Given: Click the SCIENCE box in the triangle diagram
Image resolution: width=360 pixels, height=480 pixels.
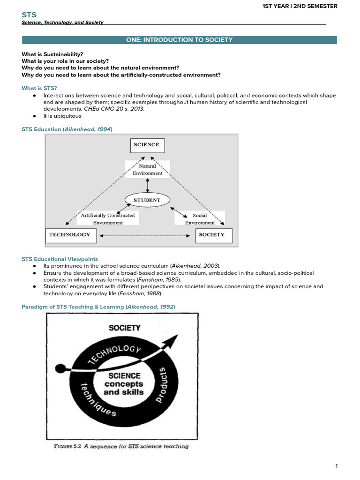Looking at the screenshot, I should [146, 145].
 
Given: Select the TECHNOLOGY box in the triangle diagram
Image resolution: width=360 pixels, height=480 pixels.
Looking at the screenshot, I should [70, 235].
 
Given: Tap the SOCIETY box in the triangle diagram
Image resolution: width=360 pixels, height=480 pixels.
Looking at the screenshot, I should [214, 235].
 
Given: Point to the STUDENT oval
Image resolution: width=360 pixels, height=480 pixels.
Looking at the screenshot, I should [147, 200].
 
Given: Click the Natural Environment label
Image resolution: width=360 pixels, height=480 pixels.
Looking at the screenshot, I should [147, 169].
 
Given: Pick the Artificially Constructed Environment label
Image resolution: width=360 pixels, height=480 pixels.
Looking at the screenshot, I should [108, 219].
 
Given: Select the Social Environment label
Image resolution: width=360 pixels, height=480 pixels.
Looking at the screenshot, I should [200, 219].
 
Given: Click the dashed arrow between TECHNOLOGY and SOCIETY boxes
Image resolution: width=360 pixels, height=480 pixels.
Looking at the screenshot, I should [146, 235].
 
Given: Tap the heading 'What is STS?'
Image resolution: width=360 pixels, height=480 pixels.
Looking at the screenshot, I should [39, 88].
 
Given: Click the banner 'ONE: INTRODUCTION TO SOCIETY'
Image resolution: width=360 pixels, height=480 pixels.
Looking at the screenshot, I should [180, 40].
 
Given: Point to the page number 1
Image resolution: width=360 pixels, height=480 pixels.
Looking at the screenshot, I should [336, 466].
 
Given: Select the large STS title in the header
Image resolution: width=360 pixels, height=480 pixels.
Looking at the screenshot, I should [29, 15].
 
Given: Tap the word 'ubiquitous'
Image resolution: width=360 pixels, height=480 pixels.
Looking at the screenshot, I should [69, 116].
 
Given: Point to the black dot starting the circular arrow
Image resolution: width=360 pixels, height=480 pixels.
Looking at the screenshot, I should [60, 367].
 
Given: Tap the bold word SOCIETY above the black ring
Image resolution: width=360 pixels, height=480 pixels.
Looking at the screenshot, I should [124, 328].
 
